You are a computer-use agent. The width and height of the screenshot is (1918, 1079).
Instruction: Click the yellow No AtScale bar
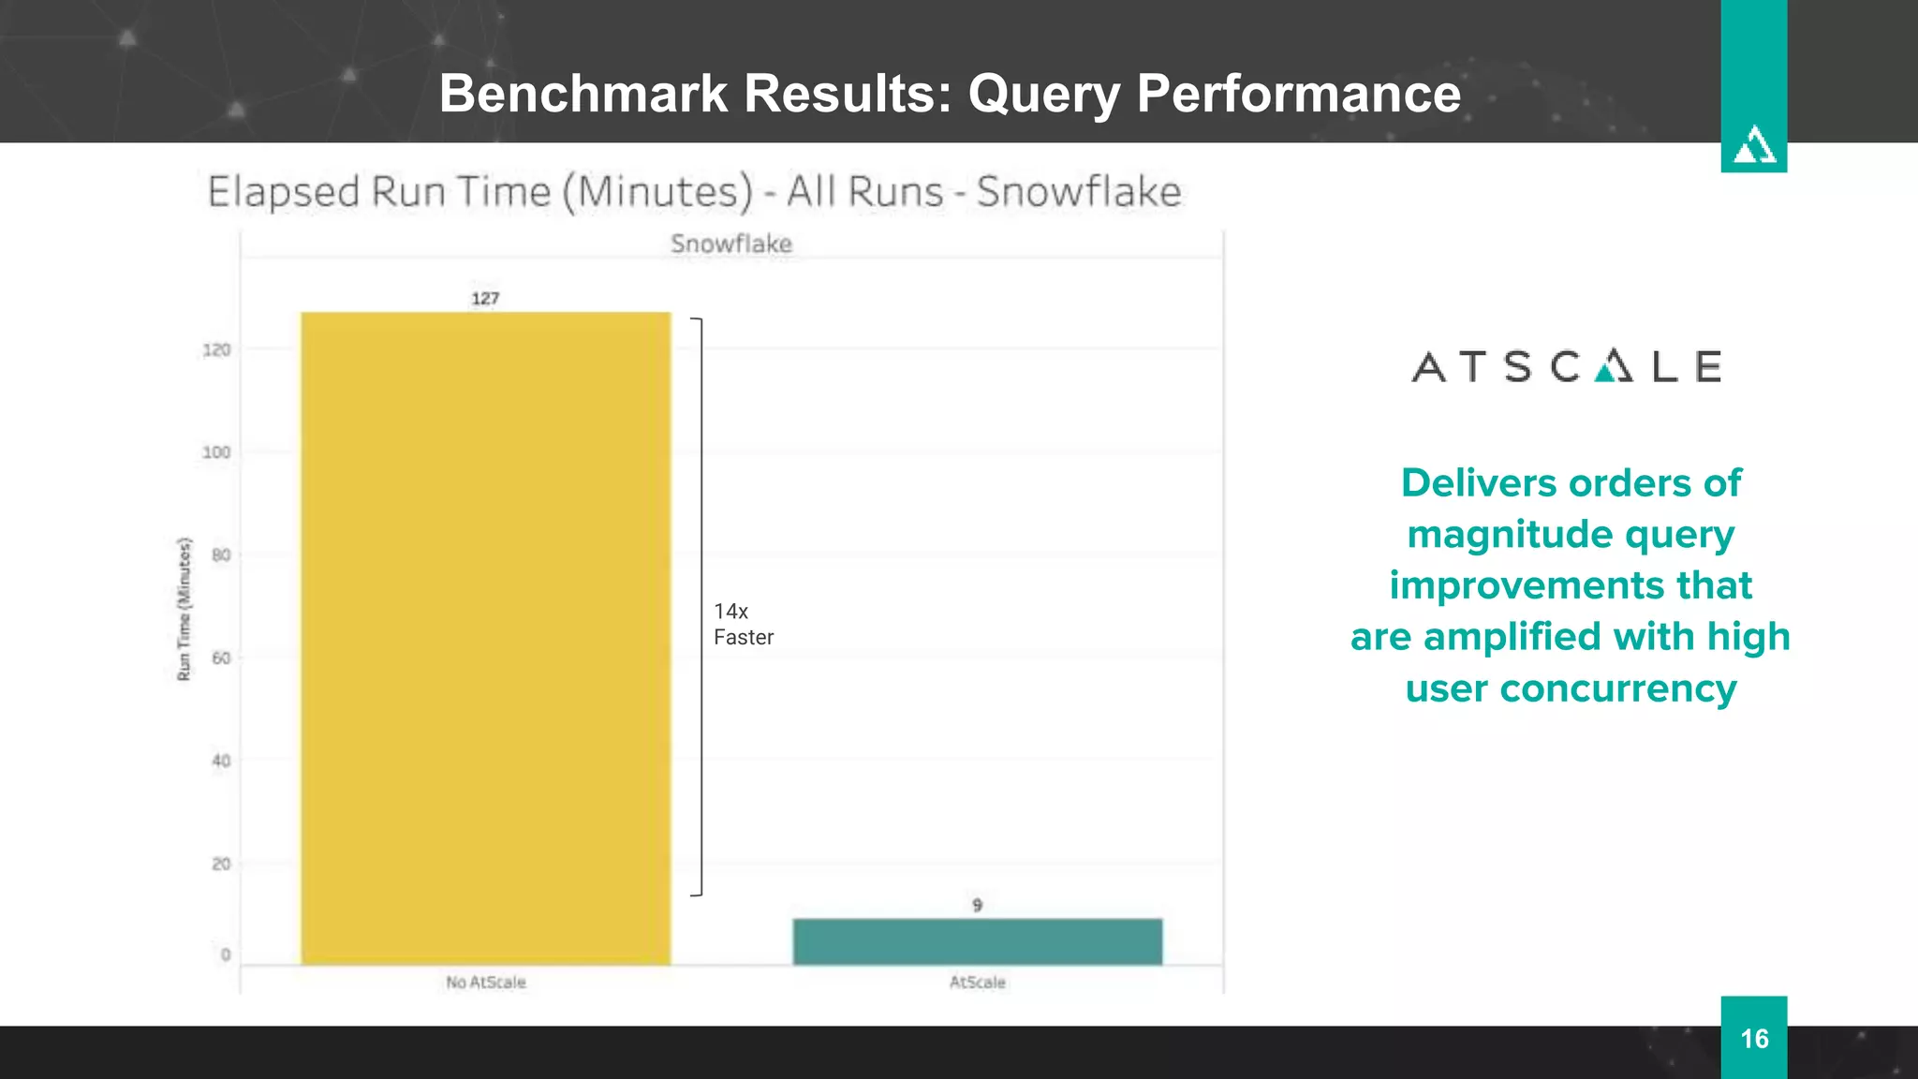point(485,637)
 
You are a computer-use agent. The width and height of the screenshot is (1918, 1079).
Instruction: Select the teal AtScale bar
point(977,941)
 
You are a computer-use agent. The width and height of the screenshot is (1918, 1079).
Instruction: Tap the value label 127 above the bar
point(485,299)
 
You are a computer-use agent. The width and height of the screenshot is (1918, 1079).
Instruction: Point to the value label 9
point(977,905)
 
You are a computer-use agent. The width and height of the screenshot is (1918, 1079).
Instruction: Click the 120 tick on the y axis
point(216,349)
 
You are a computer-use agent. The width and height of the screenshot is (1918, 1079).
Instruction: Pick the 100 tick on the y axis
point(216,452)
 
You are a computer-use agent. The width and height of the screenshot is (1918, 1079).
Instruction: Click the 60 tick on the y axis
point(220,658)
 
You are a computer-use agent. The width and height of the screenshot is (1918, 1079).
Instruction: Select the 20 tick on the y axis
point(220,864)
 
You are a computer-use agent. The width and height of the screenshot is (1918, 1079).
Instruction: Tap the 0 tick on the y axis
point(225,954)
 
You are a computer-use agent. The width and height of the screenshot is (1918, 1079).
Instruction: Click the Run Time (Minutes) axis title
point(184,609)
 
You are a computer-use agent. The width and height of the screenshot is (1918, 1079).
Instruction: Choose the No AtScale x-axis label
point(485,982)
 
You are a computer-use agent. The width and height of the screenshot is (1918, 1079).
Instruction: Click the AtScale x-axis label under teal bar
point(977,982)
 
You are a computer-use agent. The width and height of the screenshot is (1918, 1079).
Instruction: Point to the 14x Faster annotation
point(743,624)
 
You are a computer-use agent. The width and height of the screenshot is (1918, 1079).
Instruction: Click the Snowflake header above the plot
point(730,244)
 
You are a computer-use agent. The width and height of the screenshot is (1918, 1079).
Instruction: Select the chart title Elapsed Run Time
point(693,192)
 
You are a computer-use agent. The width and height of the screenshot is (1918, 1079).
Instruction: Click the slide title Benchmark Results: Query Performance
point(950,93)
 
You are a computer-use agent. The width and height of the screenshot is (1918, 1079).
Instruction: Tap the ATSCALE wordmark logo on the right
point(1566,366)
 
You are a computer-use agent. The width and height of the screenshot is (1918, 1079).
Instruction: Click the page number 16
point(1753,1038)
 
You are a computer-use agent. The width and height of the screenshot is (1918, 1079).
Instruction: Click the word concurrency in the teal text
point(1617,688)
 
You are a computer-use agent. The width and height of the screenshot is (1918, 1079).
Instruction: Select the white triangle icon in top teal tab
point(1753,145)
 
